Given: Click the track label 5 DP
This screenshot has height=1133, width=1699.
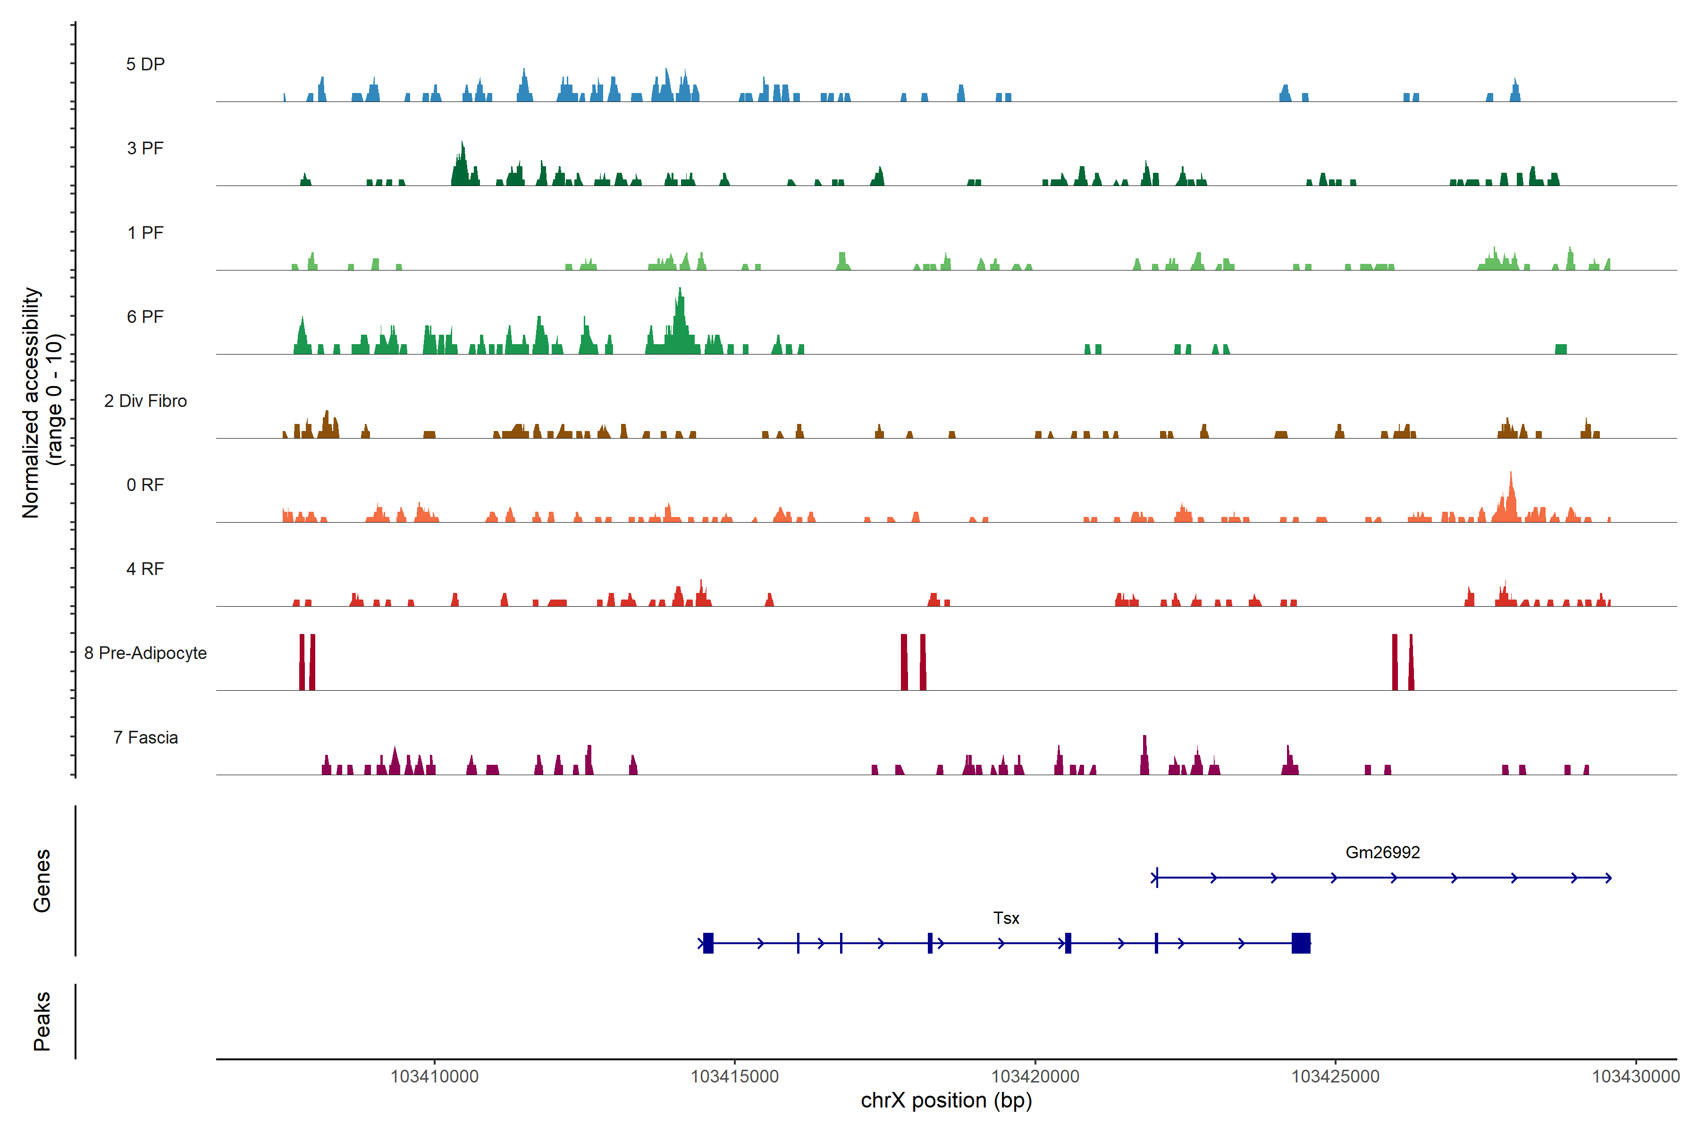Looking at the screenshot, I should [145, 64].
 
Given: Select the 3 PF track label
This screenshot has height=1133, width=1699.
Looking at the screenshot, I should [145, 148].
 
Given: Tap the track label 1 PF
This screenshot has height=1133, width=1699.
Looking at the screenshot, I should [145, 233].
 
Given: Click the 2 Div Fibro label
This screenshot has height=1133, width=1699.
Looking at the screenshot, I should [145, 401].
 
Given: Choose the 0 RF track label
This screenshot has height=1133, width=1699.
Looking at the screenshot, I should [145, 485].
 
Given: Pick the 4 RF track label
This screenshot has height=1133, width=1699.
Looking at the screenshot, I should [145, 569].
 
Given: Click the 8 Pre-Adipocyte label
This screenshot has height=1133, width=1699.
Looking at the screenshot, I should [145, 653].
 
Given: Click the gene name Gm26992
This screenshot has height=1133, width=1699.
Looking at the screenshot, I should [1382, 853].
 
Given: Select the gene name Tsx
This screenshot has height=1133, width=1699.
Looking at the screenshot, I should [1006, 918].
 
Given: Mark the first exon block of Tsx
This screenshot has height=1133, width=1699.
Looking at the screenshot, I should [708, 943].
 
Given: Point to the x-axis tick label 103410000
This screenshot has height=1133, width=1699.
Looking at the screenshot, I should [434, 1077].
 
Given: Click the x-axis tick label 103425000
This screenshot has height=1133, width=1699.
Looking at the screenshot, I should [1335, 1077].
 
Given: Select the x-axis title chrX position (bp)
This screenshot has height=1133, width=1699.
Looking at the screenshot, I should [946, 1100].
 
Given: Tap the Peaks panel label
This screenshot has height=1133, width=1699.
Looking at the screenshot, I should [42, 1021].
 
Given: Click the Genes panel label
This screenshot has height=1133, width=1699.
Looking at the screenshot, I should [42, 881].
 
